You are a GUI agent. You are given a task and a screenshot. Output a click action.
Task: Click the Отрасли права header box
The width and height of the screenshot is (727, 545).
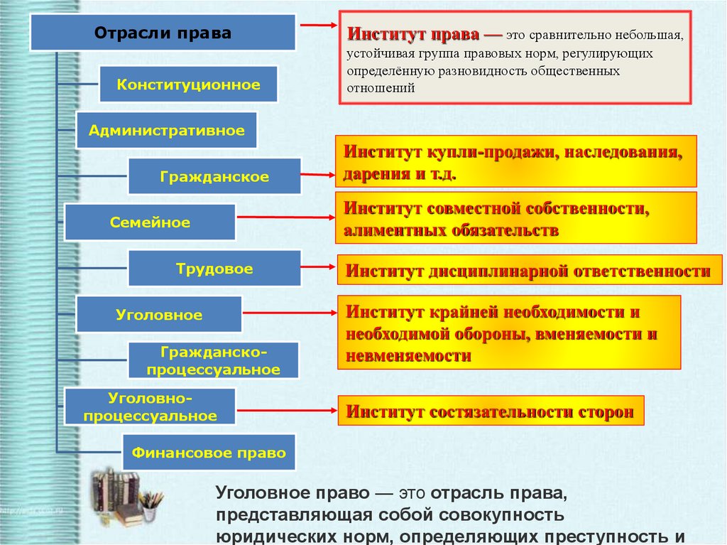point(163,33)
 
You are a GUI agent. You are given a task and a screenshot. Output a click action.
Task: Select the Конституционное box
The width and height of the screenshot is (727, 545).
point(188,85)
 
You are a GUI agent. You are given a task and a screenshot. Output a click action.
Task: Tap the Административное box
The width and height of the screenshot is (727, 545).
point(166,130)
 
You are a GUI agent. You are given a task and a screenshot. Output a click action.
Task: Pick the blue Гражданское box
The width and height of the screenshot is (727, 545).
point(214,176)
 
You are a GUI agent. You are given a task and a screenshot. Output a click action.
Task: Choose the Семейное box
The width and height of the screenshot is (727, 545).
point(150,222)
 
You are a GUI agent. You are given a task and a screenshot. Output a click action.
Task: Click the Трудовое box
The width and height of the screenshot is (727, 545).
point(214,269)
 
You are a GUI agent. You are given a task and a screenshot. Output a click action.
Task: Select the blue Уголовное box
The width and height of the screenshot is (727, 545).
point(159,315)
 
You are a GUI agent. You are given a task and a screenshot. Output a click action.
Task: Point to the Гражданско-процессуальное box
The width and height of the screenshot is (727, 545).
point(214,360)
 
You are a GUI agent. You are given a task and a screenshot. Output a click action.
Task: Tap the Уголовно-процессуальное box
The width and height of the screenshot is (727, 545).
point(150,406)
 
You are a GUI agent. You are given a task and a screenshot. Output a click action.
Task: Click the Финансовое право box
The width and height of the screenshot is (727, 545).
point(209,453)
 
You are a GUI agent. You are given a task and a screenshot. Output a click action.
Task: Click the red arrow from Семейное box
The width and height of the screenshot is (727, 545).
point(285,217)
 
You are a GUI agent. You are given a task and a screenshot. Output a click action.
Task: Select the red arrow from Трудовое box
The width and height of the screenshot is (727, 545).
point(317,267)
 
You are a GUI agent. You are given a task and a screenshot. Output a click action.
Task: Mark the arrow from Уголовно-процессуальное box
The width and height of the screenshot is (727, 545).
point(285,410)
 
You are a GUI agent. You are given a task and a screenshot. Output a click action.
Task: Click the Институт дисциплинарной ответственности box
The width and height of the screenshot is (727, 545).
point(528,271)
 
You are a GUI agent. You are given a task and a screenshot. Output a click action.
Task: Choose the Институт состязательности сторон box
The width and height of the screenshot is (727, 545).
point(491,411)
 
